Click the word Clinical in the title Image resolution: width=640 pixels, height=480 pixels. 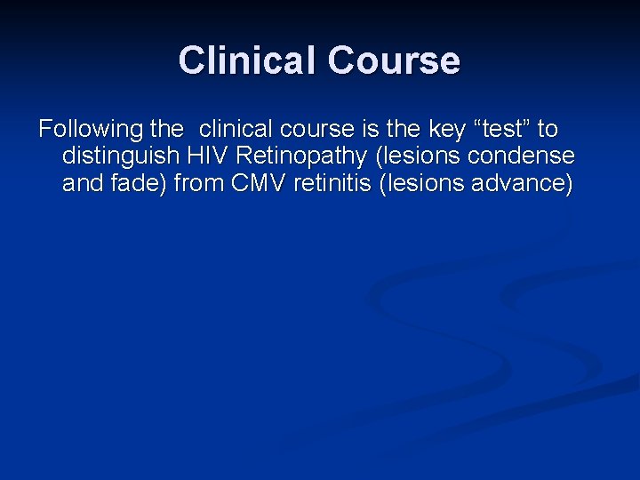click(247, 60)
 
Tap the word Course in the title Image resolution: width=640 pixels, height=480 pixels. click(394, 60)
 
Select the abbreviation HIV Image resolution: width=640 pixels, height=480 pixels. click(206, 157)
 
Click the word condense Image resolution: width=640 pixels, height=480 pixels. click(530, 157)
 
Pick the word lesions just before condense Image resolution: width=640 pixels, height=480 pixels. click(426, 157)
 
